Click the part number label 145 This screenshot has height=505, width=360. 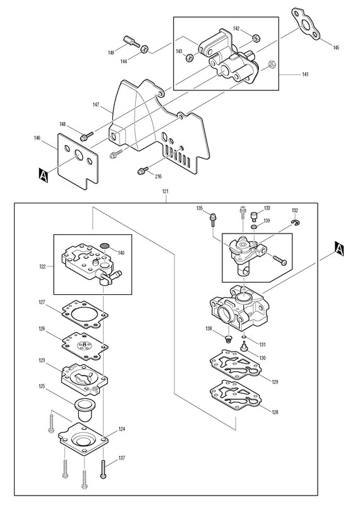tap(336, 48)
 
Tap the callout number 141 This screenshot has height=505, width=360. tap(305, 74)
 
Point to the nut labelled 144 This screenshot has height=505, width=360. tap(145, 49)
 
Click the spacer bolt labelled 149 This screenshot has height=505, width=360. tap(131, 42)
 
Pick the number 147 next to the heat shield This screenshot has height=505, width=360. tap(96, 105)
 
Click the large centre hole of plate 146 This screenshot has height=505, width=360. tap(79, 155)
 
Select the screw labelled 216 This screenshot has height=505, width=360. tap(143, 170)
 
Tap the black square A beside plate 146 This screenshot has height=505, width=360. tap(43, 175)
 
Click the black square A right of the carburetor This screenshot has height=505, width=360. tap(339, 249)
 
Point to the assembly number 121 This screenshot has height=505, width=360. tap(165, 191)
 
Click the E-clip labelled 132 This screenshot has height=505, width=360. tap(295, 222)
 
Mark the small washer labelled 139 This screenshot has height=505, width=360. tap(254, 227)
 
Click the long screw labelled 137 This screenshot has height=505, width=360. tap(103, 470)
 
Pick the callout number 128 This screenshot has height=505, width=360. tap(275, 412)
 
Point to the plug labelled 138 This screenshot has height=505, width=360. tap(228, 338)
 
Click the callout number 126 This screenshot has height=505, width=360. tap(42, 329)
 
